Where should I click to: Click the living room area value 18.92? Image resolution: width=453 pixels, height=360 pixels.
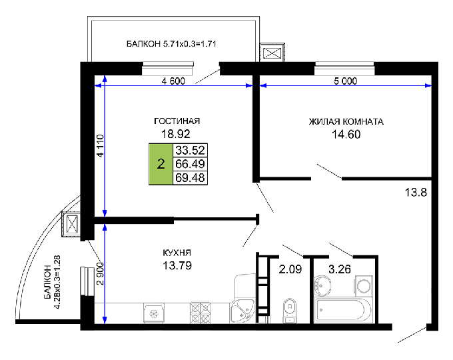(177, 133)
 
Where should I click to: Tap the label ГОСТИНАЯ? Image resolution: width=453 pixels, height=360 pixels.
(177, 121)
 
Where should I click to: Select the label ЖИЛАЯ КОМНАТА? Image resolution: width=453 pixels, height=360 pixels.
(346, 122)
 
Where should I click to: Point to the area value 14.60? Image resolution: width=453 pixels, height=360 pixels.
(346, 134)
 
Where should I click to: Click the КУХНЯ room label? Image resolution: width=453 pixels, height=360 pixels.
(177, 253)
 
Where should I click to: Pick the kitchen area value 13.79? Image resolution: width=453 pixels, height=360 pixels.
(177, 265)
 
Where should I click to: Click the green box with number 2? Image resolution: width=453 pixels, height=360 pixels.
(161, 164)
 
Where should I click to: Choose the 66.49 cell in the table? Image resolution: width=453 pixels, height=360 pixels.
(189, 164)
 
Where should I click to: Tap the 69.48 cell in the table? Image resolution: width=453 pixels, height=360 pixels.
(189, 177)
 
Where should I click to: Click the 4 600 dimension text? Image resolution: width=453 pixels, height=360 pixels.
(173, 81)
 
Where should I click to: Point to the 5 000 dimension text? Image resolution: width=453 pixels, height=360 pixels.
(346, 81)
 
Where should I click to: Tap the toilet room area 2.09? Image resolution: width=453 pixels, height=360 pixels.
(290, 270)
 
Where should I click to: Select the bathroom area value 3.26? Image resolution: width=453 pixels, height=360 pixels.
(341, 270)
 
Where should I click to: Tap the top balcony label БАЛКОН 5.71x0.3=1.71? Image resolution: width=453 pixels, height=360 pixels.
(173, 44)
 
